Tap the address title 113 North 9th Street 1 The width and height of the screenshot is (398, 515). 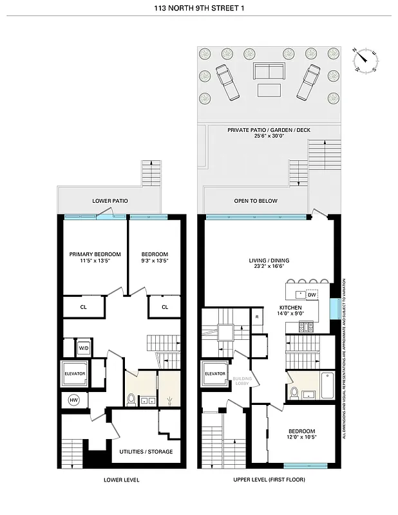[199, 8]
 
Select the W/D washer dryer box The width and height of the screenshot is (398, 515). [84, 348]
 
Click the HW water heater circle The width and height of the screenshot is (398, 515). [73, 400]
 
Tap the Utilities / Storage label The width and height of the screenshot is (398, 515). [146, 451]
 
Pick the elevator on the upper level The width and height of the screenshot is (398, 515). [214, 374]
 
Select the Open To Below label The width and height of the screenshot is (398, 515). [256, 201]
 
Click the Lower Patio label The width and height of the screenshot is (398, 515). [109, 201]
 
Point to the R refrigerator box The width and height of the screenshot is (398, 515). [256, 317]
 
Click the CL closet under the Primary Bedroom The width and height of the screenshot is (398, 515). [84, 307]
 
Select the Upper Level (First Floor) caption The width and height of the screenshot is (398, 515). [269, 480]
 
